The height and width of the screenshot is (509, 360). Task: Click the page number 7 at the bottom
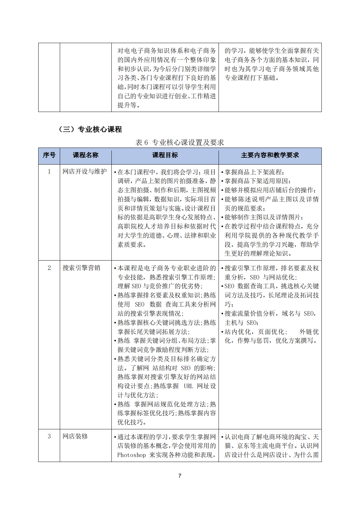(x=180, y=476)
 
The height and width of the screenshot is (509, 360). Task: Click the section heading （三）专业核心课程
(x=90, y=129)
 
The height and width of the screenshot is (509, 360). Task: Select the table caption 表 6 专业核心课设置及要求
(x=180, y=142)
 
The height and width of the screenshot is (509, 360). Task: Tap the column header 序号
(x=49, y=155)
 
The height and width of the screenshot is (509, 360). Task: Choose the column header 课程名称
(x=86, y=155)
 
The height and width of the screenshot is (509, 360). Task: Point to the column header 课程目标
(x=165, y=155)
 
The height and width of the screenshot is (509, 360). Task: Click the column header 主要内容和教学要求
(x=270, y=155)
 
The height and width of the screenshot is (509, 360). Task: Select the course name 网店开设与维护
(x=85, y=171)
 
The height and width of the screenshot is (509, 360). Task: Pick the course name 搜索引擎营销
(x=81, y=268)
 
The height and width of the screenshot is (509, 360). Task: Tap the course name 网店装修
(x=75, y=436)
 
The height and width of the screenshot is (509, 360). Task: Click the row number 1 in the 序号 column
(x=49, y=171)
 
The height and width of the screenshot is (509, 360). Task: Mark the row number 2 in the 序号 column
(x=49, y=268)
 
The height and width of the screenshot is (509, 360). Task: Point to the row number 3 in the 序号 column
(x=49, y=436)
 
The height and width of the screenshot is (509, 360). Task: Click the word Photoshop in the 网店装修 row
(x=131, y=455)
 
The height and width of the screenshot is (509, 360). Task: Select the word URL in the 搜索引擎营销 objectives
(x=188, y=386)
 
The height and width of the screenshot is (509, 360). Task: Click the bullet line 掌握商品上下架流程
(x=254, y=172)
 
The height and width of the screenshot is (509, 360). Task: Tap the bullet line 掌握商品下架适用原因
(x=258, y=181)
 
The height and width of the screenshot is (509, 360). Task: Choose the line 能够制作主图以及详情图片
(x=264, y=217)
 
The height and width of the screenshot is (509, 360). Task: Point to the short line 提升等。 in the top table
(x=129, y=105)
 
